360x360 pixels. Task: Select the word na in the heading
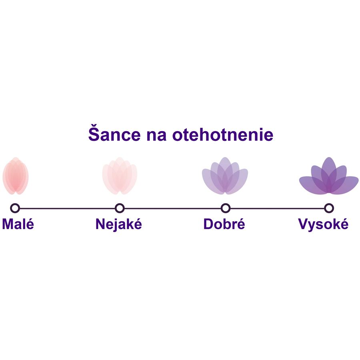click(x=156, y=136)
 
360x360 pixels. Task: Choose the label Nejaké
click(x=119, y=224)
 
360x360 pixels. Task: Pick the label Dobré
click(x=224, y=224)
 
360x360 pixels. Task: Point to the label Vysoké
click(x=323, y=224)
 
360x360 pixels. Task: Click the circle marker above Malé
click(x=15, y=208)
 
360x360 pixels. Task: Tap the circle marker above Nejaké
click(x=120, y=208)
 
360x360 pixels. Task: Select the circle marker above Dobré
click(x=226, y=208)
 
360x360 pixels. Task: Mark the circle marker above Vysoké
click(x=329, y=208)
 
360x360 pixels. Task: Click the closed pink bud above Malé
click(x=16, y=176)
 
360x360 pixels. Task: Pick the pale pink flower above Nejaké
click(x=120, y=176)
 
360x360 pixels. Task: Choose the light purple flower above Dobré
click(x=225, y=176)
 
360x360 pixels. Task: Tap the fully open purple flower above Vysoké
click(x=329, y=176)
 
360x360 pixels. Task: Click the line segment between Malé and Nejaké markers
click(x=67, y=208)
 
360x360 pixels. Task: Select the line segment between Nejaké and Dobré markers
click(x=172, y=208)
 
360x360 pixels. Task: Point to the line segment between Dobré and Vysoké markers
click(x=277, y=208)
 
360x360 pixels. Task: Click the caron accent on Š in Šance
click(x=94, y=126)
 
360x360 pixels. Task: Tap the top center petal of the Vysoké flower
click(x=329, y=168)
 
